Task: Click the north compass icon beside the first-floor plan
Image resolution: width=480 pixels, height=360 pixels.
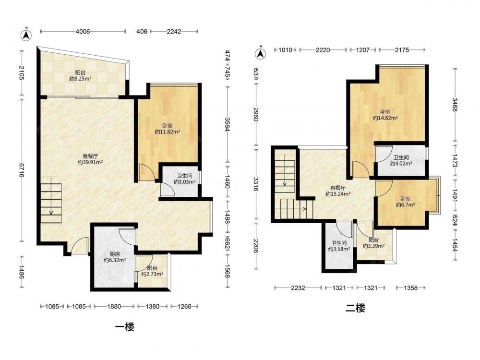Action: pos(26,35)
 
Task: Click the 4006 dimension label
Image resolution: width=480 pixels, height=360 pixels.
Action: pos(83,31)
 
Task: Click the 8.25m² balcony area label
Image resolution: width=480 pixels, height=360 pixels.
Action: pos(80,79)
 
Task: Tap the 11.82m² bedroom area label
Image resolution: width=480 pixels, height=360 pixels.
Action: pos(167,132)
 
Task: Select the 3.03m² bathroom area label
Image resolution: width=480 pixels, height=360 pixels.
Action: pos(185,182)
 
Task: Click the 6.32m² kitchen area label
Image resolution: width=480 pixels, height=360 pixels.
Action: pos(115,260)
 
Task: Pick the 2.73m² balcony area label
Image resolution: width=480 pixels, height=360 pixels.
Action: pos(152,274)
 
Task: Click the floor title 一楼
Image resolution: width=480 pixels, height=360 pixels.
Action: pos(125,327)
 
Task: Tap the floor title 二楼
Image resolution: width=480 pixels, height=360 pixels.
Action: pos(355,308)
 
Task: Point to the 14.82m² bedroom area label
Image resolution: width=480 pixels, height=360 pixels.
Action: pos(385,118)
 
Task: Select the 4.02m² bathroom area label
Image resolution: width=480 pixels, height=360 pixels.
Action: pos(401,164)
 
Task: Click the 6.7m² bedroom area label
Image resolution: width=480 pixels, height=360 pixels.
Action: pos(405,205)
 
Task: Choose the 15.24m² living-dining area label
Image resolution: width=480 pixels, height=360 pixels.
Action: pos(338,194)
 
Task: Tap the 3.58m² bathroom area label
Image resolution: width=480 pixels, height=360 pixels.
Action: pos(339,249)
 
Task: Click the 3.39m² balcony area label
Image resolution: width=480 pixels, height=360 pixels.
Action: pos(374,246)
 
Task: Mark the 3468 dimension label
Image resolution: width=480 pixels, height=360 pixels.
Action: pos(455,105)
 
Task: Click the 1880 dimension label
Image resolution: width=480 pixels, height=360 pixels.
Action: pos(114,306)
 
